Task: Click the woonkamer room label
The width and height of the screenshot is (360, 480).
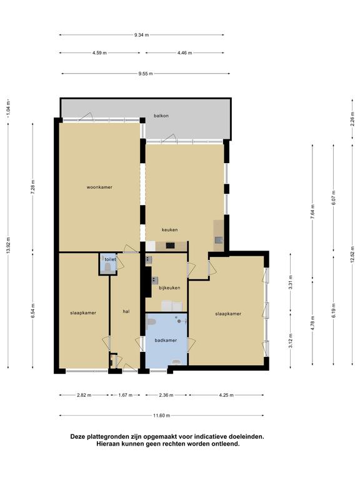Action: point(99,187)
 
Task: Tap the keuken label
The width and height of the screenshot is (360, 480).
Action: point(169,229)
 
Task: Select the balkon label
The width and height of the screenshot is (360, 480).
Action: point(161,116)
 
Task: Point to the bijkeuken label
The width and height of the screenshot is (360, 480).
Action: point(169,287)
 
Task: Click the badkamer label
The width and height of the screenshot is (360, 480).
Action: point(166,340)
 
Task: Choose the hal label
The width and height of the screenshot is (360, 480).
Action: point(126,312)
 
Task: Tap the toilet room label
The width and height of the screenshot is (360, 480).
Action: point(110,259)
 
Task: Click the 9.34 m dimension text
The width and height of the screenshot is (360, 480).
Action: point(141,35)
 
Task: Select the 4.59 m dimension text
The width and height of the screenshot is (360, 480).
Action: point(99,53)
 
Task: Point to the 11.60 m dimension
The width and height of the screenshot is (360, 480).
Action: point(161,416)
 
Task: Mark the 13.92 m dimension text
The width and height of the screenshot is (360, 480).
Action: point(8,245)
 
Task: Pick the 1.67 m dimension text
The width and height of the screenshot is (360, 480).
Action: point(125,395)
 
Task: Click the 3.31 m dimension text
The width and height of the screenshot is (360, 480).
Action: point(291,282)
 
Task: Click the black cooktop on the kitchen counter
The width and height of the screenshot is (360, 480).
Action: point(170,246)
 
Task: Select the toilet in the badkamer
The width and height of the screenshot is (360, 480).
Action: point(151,321)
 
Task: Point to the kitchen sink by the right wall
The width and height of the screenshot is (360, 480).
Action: point(219,240)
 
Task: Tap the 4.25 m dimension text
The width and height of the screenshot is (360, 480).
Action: point(226,395)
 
